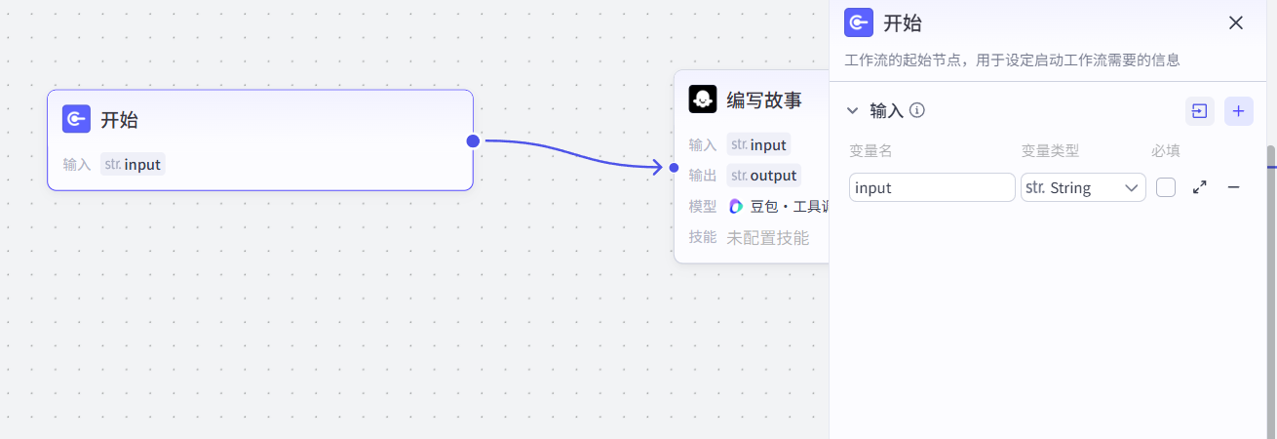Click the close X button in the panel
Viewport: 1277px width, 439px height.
point(1236,23)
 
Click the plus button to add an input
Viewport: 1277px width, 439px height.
point(1238,111)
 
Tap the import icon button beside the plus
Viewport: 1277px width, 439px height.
point(1199,111)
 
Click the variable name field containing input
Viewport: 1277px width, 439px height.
point(931,187)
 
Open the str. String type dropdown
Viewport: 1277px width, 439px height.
point(1083,187)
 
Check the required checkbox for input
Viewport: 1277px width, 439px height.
point(1166,187)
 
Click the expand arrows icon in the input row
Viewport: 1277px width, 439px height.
point(1200,187)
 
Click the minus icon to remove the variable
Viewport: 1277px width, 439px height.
point(1233,187)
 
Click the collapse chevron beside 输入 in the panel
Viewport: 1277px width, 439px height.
point(853,111)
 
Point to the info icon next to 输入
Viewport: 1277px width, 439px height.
point(916,110)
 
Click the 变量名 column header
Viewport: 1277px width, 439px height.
point(871,151)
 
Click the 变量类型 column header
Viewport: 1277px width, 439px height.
point(1050,151)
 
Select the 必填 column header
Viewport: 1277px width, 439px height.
point(1166,151)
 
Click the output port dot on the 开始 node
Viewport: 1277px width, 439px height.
point(473,140)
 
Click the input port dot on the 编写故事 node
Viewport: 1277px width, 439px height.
point(674,167)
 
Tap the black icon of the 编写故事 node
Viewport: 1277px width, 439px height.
point(703,100)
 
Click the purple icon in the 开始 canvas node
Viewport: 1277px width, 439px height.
point(76,119)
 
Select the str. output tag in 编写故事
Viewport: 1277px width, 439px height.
point(764,176)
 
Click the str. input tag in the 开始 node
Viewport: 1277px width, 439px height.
point(133,164)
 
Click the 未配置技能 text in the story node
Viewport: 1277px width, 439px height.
point(767,237)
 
